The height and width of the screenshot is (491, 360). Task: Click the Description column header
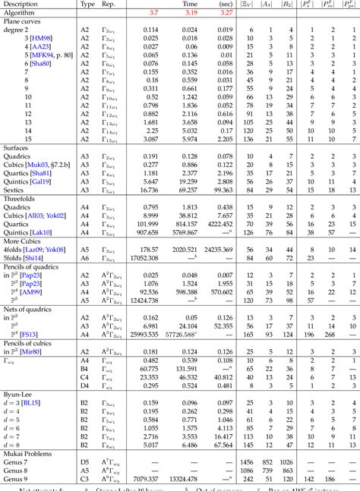19,4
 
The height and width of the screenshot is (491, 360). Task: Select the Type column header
87,4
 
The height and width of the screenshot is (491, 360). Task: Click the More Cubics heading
21,241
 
